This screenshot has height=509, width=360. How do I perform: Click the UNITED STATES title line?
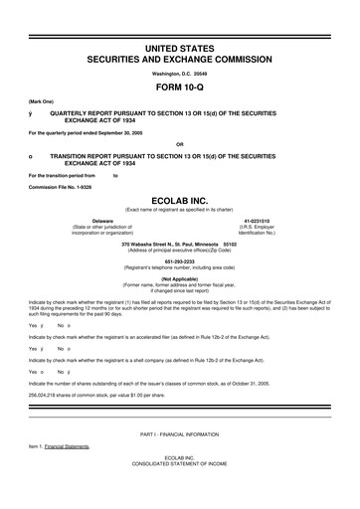coord(179,48)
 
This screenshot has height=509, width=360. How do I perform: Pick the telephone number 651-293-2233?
coord(179,261)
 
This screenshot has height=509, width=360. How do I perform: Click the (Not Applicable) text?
coord(179,278)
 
